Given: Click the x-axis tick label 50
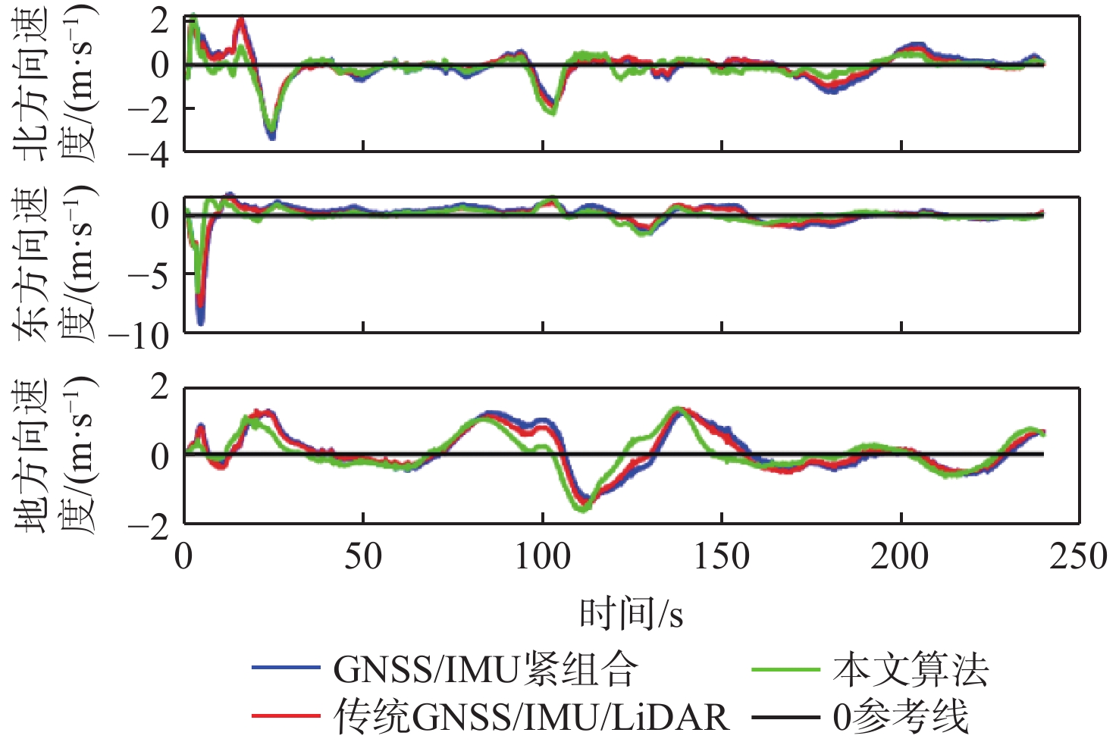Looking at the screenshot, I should click(363, 558).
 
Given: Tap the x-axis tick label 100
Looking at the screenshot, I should click(543, 558).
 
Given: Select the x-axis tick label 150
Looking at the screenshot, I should click(722, 558).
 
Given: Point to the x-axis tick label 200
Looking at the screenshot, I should click(901, 558).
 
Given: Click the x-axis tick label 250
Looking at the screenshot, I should click(1078, 558).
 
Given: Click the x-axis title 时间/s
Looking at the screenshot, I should click(632, 614).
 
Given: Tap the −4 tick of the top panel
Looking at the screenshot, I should click(149, 152).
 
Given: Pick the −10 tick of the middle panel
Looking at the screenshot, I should click(139, 334).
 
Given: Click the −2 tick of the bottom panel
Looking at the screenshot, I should click(149, 526).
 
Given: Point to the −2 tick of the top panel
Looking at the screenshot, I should click(149, 108).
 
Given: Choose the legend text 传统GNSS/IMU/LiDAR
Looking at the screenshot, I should click(531, 716).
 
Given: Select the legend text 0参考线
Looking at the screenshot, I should click(901, 716).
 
